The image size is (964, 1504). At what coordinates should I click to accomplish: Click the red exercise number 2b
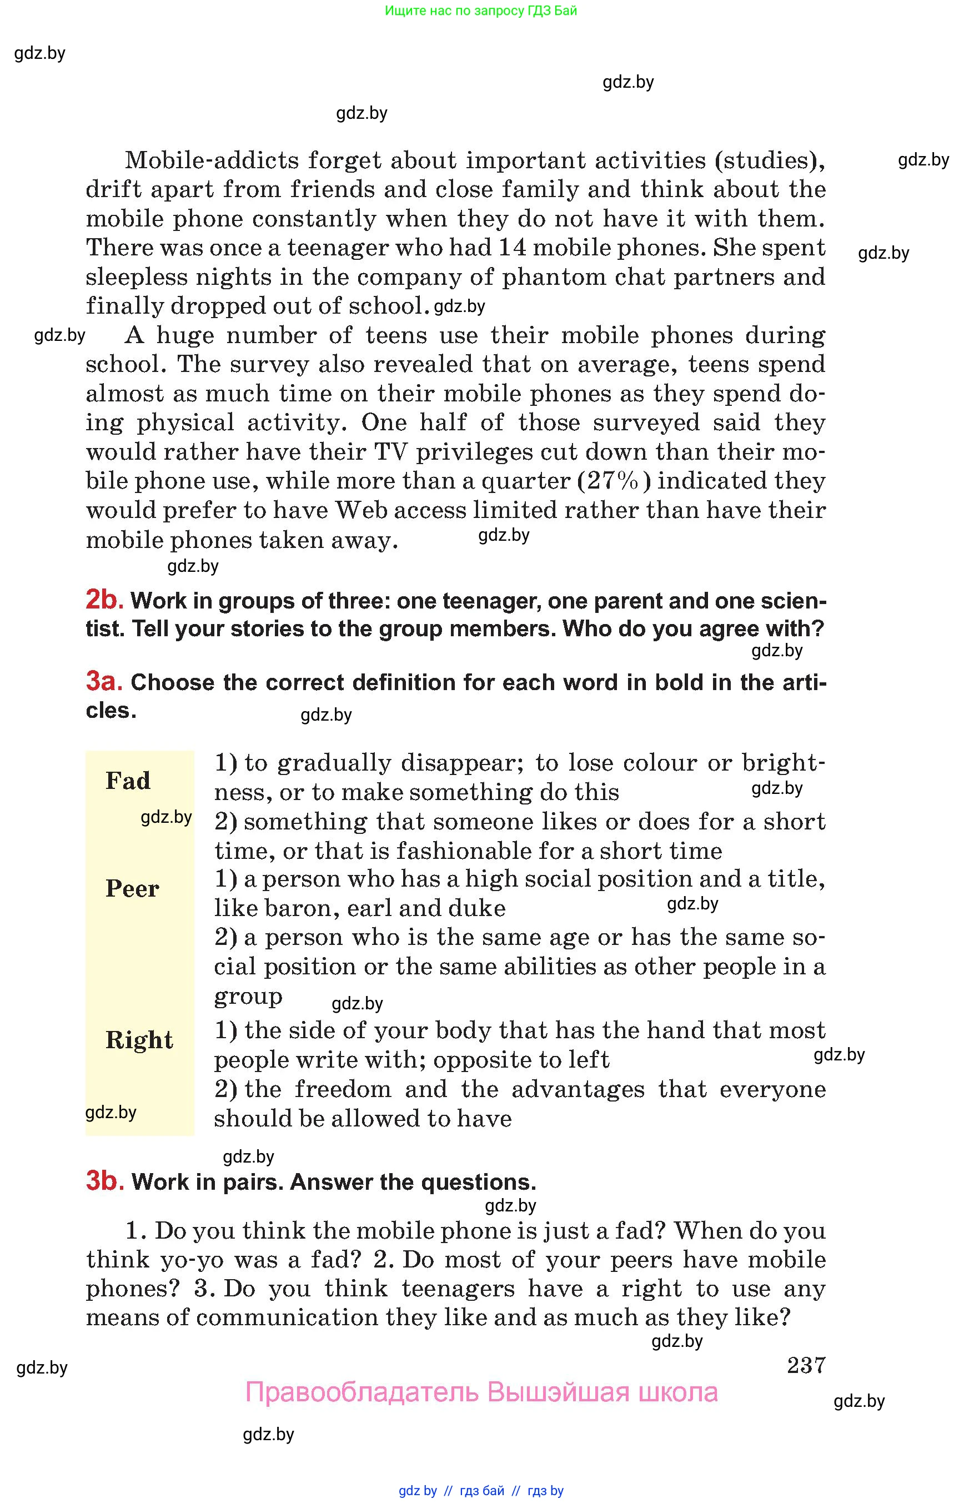pyautogui.click(x=104, y=600)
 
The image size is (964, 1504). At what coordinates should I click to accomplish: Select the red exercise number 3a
pyautogui.click(x=104, y=681)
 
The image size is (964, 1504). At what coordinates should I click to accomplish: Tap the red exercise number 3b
pyautogui.click(x=104, y=1180)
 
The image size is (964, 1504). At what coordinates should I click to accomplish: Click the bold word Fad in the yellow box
pyautogui.click(x=128, y=781)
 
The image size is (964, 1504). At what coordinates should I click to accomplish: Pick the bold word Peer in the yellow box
pyautogui.click(x=132, y=888)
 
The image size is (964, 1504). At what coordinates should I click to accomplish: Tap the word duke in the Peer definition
pyautogui.click(x=478, y=908)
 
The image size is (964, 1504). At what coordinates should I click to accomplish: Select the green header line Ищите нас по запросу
pyautogui.click(x=481, y=11)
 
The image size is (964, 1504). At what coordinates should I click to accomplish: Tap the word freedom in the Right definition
pyautogui.click(x=343, y=1090)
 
